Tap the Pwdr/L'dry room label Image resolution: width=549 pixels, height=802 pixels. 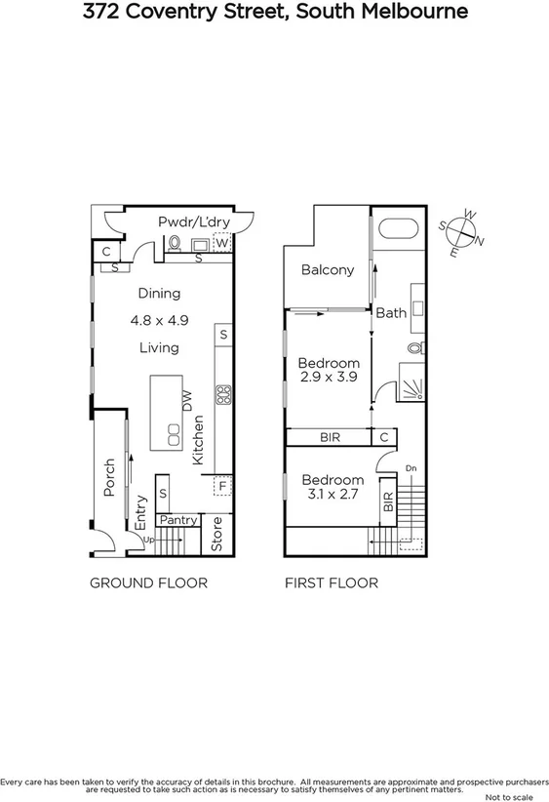tap(194, 222)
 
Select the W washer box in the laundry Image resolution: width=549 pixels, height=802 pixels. tap(221, 241)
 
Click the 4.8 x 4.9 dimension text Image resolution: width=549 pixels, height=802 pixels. tap(159, 319)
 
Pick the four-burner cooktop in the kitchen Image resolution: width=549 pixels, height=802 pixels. tap(222, 395)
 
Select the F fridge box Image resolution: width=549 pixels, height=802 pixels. tap(222, 485)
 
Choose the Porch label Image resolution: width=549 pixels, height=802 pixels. tap(108, 476)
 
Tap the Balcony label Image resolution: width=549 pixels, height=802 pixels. tap(327, 270)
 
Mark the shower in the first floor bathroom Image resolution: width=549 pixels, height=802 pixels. tap(413, 382)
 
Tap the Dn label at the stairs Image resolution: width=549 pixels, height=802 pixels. tap(411, 467)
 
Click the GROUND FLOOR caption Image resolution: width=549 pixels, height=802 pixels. tap(148, 583)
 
